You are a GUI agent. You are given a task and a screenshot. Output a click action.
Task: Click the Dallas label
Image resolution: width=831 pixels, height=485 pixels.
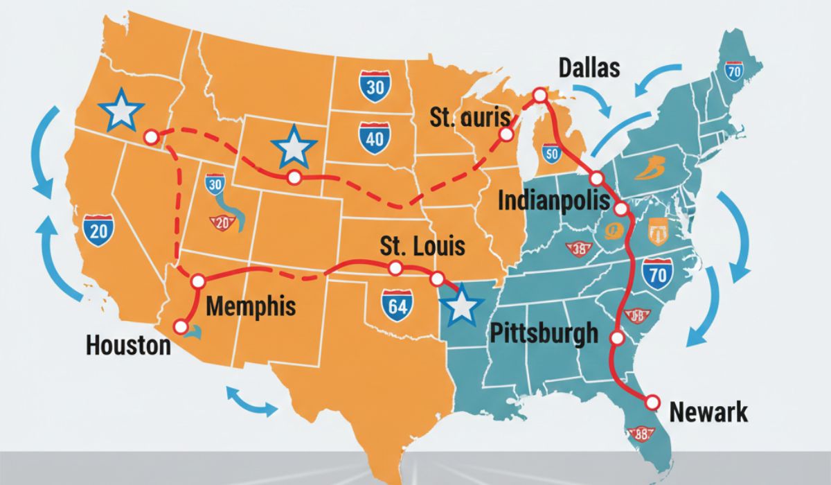coord(589,69)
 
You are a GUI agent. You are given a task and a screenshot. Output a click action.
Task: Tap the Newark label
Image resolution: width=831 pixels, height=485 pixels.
coord(709,412)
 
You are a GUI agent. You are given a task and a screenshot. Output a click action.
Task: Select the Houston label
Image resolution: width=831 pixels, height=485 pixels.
coord(128,345)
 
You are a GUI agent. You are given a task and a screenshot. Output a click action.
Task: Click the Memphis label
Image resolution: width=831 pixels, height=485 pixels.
coord(251,306)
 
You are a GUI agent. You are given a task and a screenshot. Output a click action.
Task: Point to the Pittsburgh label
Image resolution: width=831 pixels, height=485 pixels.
coord(544,333)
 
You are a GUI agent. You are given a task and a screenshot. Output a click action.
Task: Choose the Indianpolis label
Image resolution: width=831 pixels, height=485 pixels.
coord(554,202)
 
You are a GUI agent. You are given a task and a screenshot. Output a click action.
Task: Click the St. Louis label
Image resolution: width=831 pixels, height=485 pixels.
coord(423,247)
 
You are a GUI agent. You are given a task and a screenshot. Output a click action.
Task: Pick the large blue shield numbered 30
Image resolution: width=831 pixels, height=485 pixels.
coord(374,87)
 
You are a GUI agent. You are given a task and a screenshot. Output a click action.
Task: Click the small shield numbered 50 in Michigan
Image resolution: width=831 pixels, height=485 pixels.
coord(552,154)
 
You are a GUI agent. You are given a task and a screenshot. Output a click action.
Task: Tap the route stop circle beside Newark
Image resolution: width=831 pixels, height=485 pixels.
coord(652,401)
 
